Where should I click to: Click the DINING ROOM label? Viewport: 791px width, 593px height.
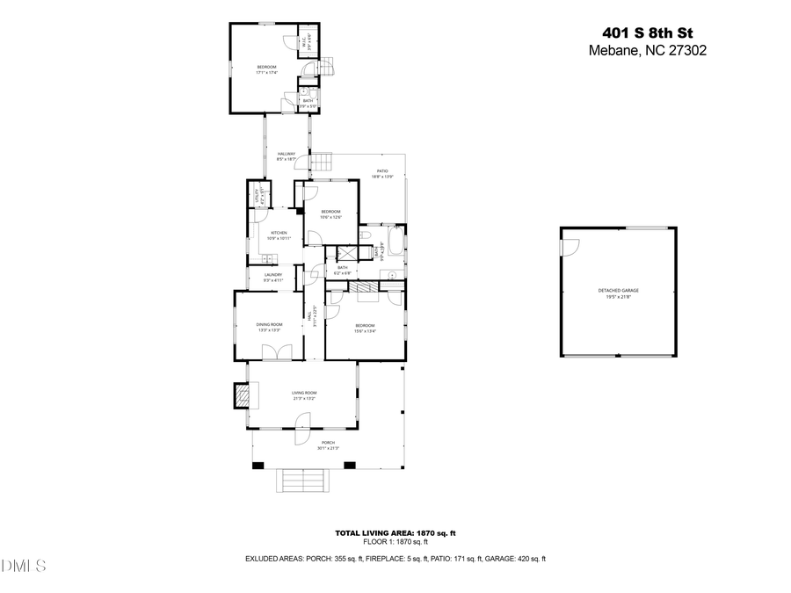coord(269,325)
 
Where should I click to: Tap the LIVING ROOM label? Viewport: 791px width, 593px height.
coord(304,393)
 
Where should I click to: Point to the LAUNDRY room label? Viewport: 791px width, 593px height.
coord(273,275)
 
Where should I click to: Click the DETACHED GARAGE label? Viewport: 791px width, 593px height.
coord(618,290)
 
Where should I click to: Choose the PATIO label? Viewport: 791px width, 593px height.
coord(382,171)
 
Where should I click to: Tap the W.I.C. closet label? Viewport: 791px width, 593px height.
coord(304,41)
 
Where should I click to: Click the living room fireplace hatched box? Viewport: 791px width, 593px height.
coord(240,397)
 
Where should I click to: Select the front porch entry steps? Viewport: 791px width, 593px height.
coord(301,481)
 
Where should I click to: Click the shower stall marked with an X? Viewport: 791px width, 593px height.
coord(338,254)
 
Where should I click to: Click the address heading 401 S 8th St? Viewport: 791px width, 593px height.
coord(646,33)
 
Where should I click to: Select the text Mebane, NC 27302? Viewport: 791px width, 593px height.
coord(646,51)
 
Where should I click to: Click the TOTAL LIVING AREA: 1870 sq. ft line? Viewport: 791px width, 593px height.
coord(395,533)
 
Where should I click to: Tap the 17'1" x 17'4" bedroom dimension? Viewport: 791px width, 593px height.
coord(266,73)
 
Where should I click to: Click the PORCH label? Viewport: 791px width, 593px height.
coord(328,443)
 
